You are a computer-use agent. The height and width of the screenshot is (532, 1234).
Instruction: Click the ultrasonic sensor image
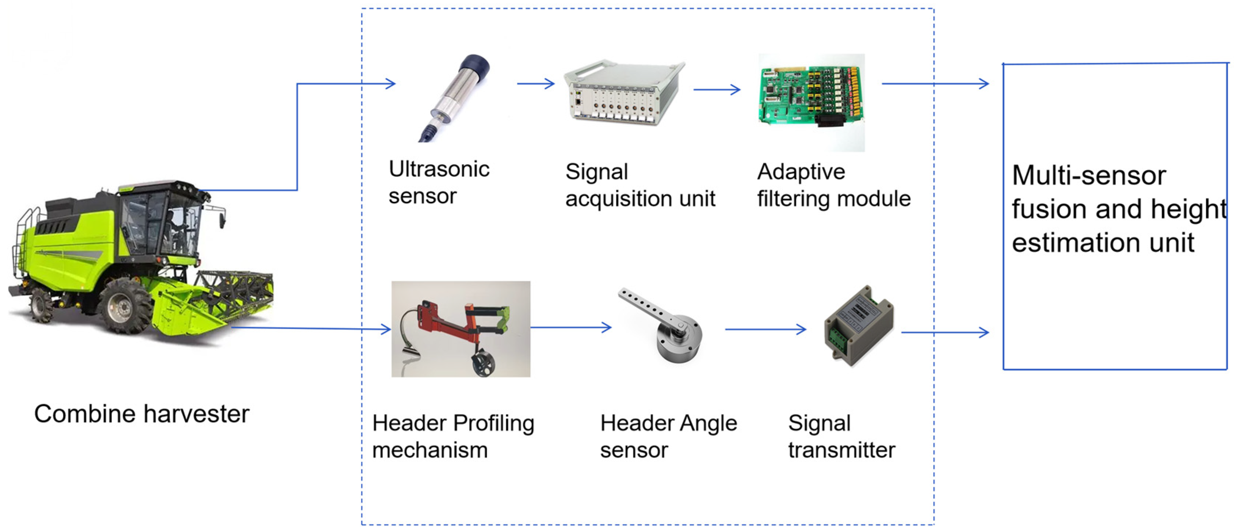tap(454, 98)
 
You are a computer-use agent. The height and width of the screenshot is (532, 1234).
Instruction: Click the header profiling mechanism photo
tap(461, 329)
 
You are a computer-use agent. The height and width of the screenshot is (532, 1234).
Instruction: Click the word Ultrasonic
tap(439, 169)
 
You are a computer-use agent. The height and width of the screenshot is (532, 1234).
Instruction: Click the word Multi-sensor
tap(1089, 175)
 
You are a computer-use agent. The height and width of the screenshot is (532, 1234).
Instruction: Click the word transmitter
tap(842, 450)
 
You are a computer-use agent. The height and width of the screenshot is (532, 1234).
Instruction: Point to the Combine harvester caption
tap(142, 414)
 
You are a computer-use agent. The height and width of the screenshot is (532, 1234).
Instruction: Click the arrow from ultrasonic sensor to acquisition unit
tap(536, 84)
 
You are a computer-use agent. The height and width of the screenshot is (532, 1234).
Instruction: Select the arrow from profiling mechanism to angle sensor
tap(571, 327)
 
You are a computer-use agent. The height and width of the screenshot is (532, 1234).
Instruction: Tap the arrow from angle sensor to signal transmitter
tap(766, 329)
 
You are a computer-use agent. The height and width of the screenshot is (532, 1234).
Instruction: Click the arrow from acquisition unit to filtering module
tap(717, 89)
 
